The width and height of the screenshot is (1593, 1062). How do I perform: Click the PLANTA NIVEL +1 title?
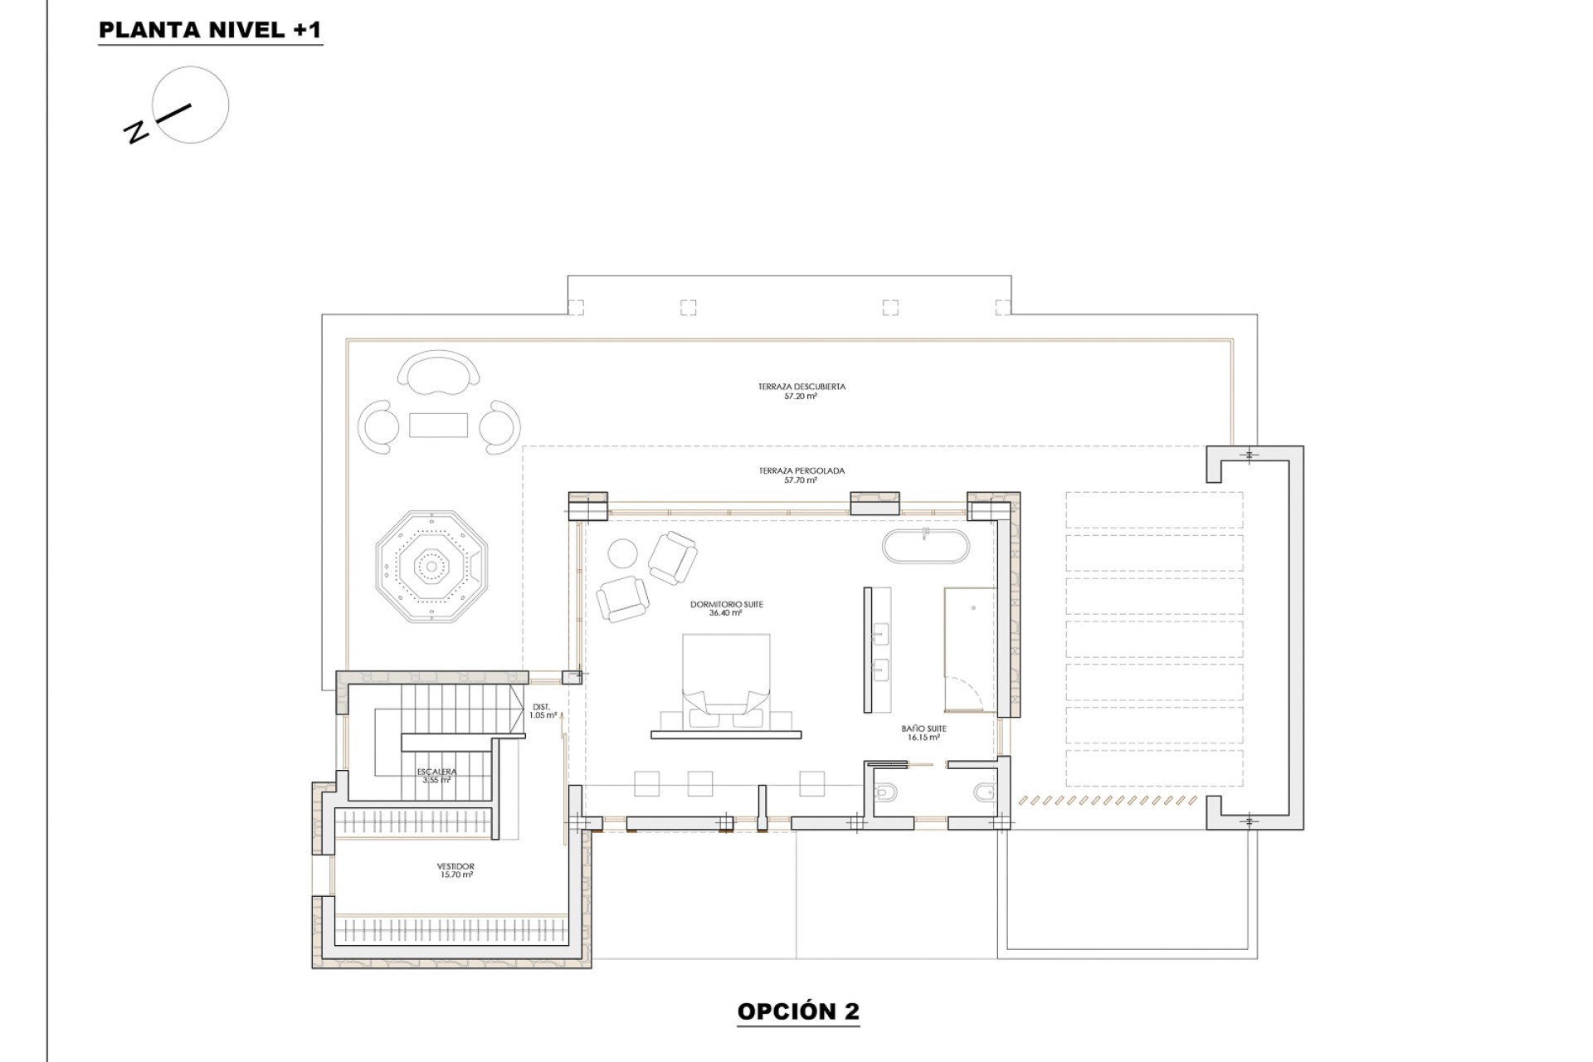pyautogui.click(x=210, y=30)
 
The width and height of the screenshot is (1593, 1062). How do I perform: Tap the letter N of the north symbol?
pyautogui.click(x=136, y=132)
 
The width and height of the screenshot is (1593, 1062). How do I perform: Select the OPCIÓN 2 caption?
pyautogui.click(x=797, y=1011)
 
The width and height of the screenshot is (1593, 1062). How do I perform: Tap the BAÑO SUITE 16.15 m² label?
pyautogui.click(x=923, y=733)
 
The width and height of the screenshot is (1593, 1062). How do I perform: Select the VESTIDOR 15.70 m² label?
pyautogui.click(x=455, y=870)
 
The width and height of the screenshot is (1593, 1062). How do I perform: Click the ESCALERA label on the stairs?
pyautogui.click(x=436, y=776)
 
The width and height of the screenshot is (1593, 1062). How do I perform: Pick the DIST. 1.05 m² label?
pyautogui.click(x=542, y=711)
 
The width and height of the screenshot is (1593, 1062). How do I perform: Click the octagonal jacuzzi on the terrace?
pyautogui.click(x=431, y=567)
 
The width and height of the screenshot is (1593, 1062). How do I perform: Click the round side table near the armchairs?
pyautogui.click(x=622, y=552)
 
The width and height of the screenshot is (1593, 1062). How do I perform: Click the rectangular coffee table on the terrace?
pyautogui.click(x=438, y=426)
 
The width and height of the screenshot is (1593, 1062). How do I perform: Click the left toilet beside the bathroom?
pyautogui.click(x=884, y=792)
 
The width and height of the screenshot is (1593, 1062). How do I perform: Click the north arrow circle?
pyautogui.click(x=192, y=105)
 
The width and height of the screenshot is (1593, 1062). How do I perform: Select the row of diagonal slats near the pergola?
pyautogui.click(x=1108, y=801)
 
